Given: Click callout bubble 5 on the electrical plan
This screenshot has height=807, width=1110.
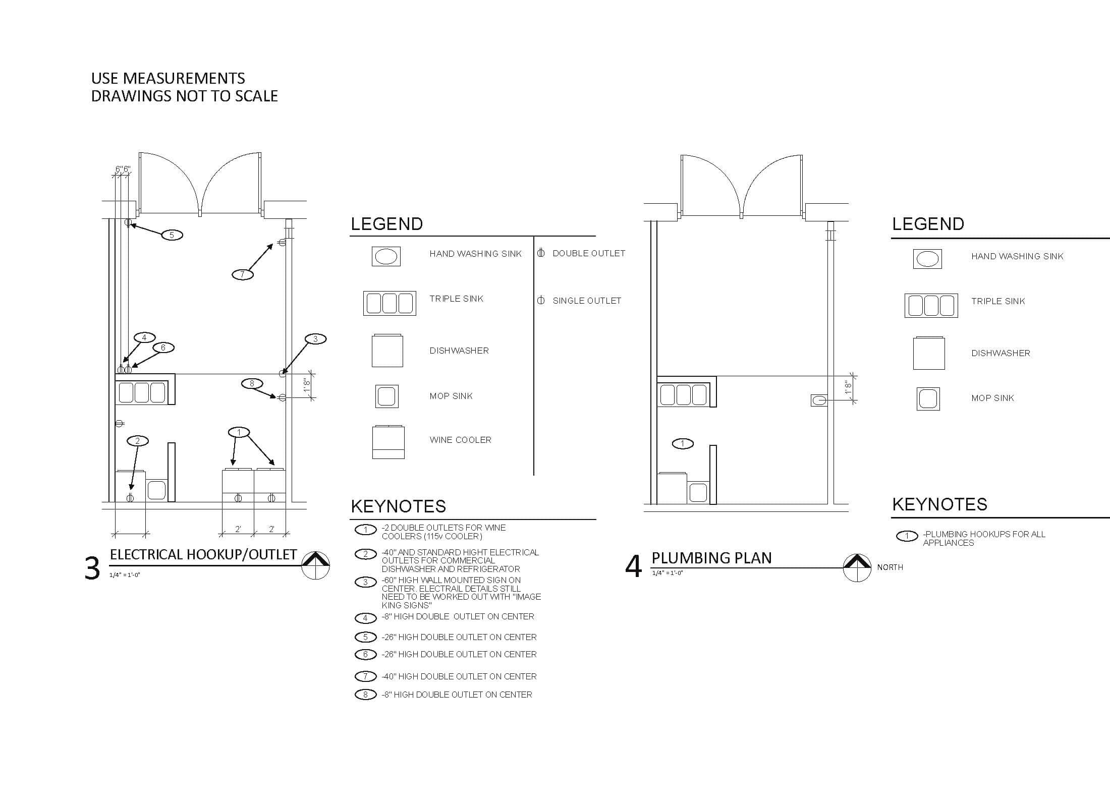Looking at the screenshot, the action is [x=172, y=235].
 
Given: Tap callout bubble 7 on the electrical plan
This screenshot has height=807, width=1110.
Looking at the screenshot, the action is [x=243, y=275].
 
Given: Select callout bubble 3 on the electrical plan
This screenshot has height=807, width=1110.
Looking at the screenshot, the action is [x=316, y=339].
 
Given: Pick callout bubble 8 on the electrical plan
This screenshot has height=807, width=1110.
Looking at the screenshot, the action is [x=252, y=384].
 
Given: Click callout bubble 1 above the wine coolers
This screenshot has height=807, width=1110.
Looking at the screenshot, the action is [x=239, y=432].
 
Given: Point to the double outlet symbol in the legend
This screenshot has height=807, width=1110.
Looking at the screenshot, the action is [x=541, y=253].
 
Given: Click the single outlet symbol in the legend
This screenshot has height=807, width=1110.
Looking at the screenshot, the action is [x=541, y=301].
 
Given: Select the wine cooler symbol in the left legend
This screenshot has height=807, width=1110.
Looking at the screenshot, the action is [x=388, y=442].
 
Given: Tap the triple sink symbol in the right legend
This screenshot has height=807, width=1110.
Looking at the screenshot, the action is [x=931, y=306].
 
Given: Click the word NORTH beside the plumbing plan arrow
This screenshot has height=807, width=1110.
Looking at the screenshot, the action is [x=890, y=567].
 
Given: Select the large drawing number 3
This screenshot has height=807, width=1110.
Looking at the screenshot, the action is [x=92, y=568].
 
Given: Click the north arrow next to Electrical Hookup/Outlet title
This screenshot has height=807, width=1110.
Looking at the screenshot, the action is [x=315, y=565].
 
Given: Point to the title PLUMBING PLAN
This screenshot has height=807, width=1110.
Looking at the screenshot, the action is [x=711, y=558].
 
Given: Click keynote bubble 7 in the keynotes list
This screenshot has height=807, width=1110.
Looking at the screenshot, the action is [x=366, y=676].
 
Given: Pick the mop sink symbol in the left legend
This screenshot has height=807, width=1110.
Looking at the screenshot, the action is [x=387, y=396].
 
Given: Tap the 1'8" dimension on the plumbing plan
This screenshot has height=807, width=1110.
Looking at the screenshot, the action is [x=848, y=388].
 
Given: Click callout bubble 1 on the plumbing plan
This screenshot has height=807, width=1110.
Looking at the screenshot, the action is [x=683, y=444].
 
